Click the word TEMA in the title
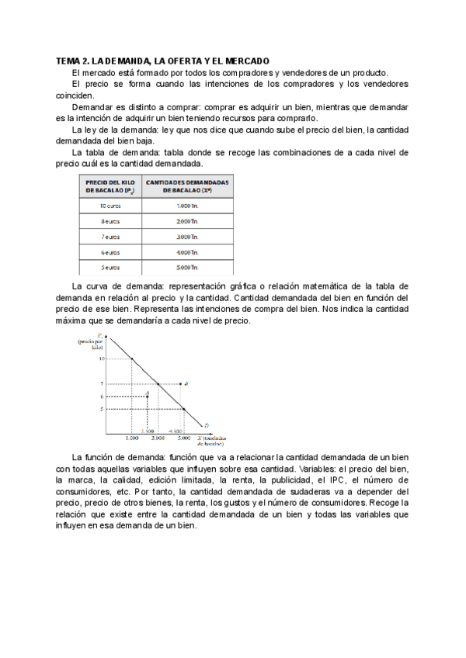pos(69,61)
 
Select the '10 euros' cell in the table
pos(110,206)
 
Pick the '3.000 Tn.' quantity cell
pos(187,237)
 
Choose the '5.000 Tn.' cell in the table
pos(187,268)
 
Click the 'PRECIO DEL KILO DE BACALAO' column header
pos(110,185)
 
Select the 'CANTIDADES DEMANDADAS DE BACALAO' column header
pos(187,185)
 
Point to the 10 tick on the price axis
pos(101,358)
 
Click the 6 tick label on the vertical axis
pos(102,397)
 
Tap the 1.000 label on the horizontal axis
pos(132,438)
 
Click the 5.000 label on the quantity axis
pos(184,438)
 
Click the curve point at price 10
pos(132,358)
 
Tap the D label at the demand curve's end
pos(206,425)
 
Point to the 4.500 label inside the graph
pos(175,431)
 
